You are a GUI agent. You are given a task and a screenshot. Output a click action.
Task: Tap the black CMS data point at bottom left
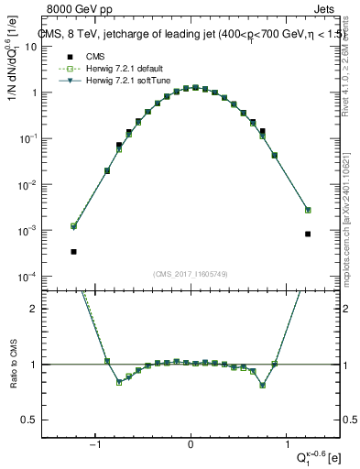pos(73,251)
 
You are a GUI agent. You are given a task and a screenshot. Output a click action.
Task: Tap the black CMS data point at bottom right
pos(308,234)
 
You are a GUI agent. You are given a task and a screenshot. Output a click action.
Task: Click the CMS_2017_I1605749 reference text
pos(190,274)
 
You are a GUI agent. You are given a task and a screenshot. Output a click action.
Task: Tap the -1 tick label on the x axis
pos(94,442)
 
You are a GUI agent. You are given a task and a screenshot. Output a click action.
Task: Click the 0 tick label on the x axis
pos(191,442)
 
